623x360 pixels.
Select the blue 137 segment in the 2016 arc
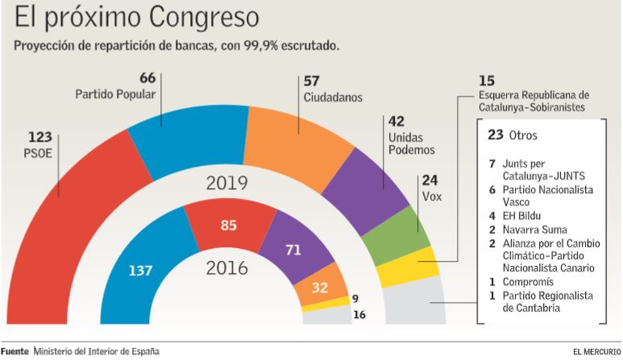pyautogui.click(x=142, y=269)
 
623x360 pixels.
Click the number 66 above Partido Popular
pyautogui.click(x=147, y=78)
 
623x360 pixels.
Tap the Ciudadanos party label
pyautogui.click(x=333, y=97)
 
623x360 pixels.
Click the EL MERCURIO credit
pyautogui.click(x=596, y=352)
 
